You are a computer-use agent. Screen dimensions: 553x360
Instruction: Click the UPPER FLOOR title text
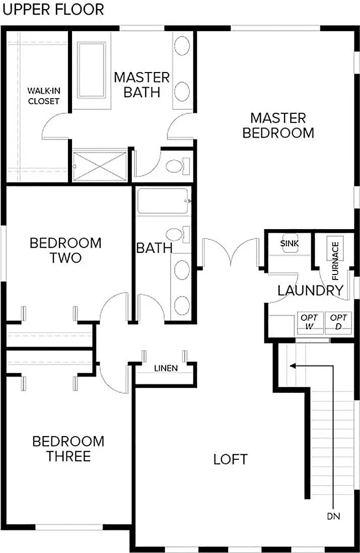pos(52,10)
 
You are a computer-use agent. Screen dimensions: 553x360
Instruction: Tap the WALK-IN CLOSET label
pos(43,96)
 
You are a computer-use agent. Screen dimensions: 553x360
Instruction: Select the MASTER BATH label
pos(141,85)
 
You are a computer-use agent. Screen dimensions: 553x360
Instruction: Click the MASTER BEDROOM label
pos(278,125)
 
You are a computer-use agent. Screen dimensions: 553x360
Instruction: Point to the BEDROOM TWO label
pos(65,250)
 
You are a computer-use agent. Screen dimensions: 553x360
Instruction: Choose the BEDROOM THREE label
pos(68,449)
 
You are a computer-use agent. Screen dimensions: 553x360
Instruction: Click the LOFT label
pos(230,459)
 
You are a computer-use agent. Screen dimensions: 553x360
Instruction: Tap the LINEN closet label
pos(166,369)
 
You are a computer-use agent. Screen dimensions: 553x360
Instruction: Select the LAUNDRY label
pos(310,291)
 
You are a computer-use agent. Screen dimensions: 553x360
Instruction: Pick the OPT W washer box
pos(308,322)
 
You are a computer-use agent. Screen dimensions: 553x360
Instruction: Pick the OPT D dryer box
pos(339,322)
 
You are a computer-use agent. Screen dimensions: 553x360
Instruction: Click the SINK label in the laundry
pos(290,244)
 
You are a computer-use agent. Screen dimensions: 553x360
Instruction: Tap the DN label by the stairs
pos(332,516)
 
